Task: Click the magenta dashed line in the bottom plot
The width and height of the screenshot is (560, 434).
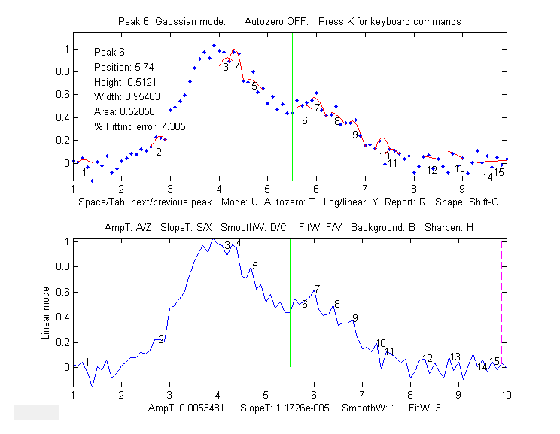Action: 502,301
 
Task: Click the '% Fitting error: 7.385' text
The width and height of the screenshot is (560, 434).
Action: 139,126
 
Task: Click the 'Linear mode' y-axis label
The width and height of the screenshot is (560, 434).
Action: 46,312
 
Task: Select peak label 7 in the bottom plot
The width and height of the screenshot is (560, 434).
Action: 317,289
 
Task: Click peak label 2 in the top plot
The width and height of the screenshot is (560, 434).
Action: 159,152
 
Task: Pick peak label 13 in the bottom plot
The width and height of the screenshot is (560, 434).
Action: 455,357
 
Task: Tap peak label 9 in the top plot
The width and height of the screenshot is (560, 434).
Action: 355,135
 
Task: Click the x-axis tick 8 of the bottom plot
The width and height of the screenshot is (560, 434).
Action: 410,394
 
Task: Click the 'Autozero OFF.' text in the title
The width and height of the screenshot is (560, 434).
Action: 276,22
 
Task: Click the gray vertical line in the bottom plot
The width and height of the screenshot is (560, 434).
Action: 291,316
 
